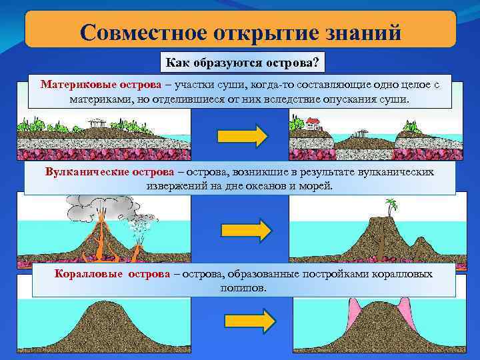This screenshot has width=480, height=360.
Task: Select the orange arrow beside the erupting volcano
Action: pos(245,231)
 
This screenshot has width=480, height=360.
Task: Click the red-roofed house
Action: pos(312,123)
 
